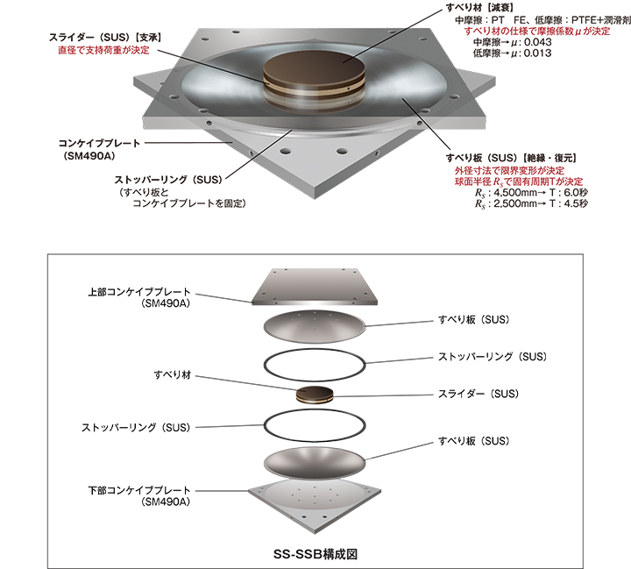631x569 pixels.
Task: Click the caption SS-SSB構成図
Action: (x=315, y=554)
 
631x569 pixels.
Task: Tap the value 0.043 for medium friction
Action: (x=537, y=42)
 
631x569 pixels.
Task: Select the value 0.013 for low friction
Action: (x=537, y=53)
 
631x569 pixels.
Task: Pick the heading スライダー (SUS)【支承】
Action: (x=105, y=38)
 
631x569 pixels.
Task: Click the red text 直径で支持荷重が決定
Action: (x=103, y=50)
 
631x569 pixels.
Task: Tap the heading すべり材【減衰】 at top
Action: (x=479, y=8)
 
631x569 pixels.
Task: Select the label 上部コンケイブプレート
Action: (x=138, y=292)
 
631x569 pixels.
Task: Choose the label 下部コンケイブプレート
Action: (x=138, y=490)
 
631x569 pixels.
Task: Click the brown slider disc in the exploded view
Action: (x=315, y=394)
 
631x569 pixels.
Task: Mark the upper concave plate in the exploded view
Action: (x=315, y=287)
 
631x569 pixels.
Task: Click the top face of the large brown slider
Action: (x=314, y=63)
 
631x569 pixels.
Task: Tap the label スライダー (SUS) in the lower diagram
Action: (x=479, y=394)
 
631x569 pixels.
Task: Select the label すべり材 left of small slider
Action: (x=173, y=375)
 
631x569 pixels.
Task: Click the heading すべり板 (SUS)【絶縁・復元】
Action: (x=511, y=158)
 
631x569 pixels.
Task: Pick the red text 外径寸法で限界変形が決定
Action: (x=509, y=170)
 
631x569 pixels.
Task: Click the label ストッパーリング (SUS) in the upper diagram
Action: (x=168, y=180)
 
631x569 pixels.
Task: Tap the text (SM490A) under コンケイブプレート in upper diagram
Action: (x=89, y=156)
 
